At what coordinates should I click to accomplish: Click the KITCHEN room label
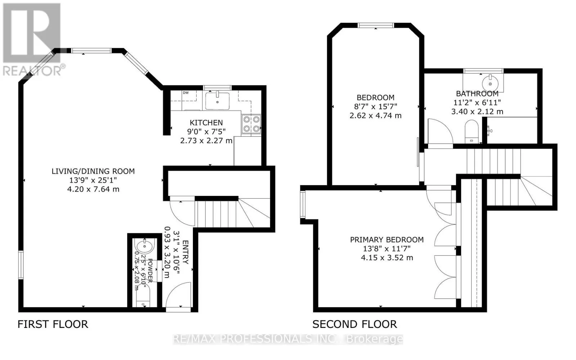[x=206, y=123]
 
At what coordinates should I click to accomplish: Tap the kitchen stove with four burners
[x=251, y=124]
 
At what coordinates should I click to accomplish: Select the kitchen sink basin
[x=217, y=101]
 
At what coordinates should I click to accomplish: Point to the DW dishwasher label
[x=186, y=93]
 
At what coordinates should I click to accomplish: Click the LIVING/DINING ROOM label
[x=93, y=171]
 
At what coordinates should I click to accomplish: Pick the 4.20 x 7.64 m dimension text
[x=93, y=189]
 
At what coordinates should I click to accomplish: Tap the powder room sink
[x=145, y=246]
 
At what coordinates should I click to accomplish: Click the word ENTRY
[x=185, y=252]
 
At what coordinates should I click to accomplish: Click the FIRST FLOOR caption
[x=53, y=324]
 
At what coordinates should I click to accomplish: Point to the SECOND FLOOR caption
[x=355, y=324]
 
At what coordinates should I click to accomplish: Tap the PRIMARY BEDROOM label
[x=387, y=240]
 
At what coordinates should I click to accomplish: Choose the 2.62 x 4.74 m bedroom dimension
[x=375, y=116]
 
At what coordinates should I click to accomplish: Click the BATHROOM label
[x=477, y=94]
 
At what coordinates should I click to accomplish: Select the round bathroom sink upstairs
[x=490, y=83]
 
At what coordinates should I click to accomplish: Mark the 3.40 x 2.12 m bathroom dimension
[x=477, y=112]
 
